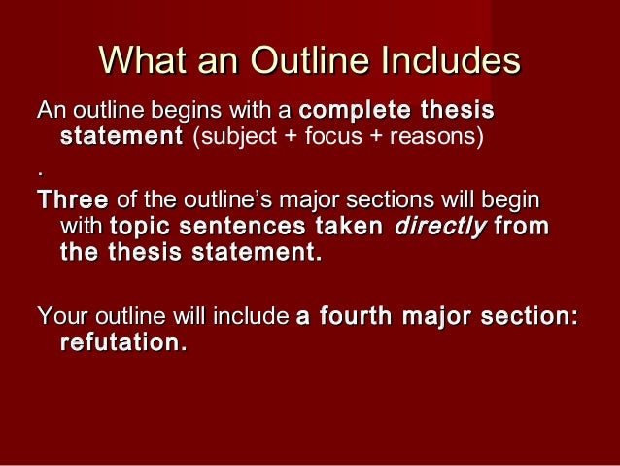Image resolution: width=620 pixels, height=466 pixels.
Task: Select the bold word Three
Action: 72,201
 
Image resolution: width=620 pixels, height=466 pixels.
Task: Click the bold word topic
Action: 142,227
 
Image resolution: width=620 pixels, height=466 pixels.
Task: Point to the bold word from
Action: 522,227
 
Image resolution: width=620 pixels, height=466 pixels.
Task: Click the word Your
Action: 56,317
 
